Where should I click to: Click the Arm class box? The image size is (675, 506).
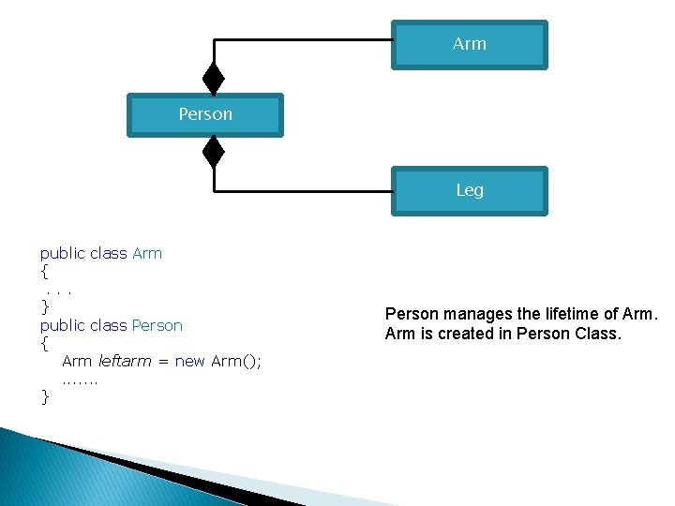[x=469, y=44]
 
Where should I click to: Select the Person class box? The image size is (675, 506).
[x=205, y=114]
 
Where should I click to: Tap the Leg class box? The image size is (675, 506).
[x=469, y=190]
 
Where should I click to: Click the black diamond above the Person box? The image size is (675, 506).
[x=214, y=79]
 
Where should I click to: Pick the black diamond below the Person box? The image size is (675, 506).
[x=214, y=151]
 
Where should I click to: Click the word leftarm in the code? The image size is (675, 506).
[x=125, y=361]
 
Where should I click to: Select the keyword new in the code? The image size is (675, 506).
[x=190, y=361]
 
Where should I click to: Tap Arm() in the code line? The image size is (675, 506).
[x=236, y=361]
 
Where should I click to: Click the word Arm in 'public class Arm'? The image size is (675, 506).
[x=147, y=253]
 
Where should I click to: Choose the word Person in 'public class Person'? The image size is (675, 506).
[x=157, y=325]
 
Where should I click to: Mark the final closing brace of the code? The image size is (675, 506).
[x=44, y=396]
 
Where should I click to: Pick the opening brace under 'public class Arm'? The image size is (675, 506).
[x=44, y=272]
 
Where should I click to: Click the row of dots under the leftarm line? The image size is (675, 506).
[x=80, y=379]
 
